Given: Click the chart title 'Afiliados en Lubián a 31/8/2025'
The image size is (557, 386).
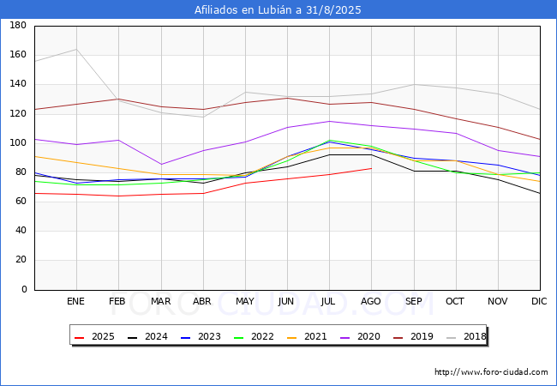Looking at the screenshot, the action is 278,9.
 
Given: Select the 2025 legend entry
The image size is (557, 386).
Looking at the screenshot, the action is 94,336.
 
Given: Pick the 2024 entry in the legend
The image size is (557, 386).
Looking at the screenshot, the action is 147,336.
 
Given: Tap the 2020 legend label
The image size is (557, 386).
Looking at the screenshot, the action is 360,336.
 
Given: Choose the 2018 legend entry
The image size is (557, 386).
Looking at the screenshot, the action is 466,336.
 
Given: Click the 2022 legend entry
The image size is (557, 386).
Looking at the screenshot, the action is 254,336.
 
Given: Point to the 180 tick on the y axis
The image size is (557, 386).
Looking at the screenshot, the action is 18,25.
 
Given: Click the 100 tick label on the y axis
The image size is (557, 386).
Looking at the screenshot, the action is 18,143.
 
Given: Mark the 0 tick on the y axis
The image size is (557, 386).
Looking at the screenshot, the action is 24,289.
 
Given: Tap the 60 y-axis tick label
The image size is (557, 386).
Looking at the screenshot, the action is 21,202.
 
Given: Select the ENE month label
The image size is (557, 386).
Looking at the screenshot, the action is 75,301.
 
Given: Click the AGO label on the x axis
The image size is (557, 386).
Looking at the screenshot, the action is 371,301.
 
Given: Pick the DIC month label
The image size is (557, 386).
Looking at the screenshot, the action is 539,301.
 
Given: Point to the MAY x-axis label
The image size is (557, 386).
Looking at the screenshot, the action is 245,301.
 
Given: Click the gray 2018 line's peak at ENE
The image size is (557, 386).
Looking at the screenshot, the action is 76,50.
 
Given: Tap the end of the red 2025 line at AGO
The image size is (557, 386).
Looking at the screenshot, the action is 372,168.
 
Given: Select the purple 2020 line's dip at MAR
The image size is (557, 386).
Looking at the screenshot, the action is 161,164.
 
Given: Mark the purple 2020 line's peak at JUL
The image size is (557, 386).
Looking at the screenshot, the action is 330,121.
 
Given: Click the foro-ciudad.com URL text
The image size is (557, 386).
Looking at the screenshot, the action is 491,371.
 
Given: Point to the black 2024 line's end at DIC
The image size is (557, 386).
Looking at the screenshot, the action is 540,193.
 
